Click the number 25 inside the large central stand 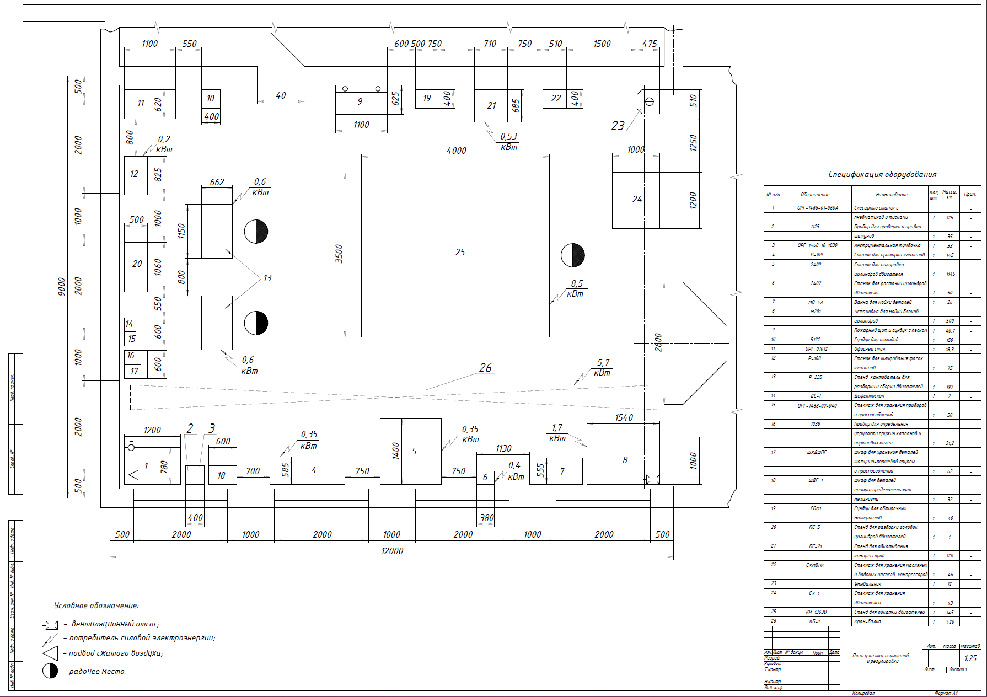click(x=460, y=252)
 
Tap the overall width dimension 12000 click(x=392, y=551)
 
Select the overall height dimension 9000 click(x=62, y=286)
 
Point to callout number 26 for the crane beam click(x=485, y=368)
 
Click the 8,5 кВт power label click(x=576, y=289)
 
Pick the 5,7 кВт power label click(x=603, y=368)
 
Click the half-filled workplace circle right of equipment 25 click(x=573, y=255)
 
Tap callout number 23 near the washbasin click(x=618, y=126)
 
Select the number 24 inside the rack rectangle click(x=637, y=199)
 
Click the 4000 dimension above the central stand click(x=456, y=151)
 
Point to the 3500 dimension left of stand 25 click(x=339, y=254)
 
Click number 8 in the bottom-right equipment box click(x=625, y=460)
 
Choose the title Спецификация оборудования click(x=882, y=174)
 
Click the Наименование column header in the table click(x=891, y=195)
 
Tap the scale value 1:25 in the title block click(x=970, y=658)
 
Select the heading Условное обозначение click(x=96, y=605)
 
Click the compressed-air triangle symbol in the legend click(x=50, y=653)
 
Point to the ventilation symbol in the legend click(x=51, y=625)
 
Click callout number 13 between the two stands click(x=267, y=278)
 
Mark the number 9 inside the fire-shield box click(x=360, y=101)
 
